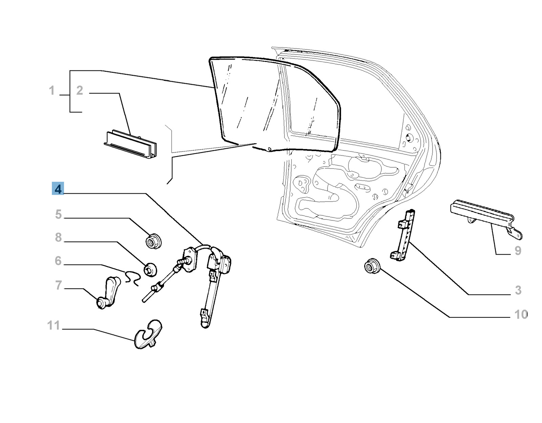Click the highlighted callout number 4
point(58,189)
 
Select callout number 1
point(51,90)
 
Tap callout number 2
point(80,90)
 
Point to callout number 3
point(518,290)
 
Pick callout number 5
point(58,214)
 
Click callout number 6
point(58,261)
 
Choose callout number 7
point(58,285)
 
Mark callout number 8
point(58,237)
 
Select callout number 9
point(518,251)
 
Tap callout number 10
point(521,315)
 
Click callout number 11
point(54,325)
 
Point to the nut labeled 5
point(153,241)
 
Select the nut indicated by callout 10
point(372,266)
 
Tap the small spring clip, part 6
point(131,277)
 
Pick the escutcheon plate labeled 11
point(148,335)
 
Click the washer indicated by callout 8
point(150,269)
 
